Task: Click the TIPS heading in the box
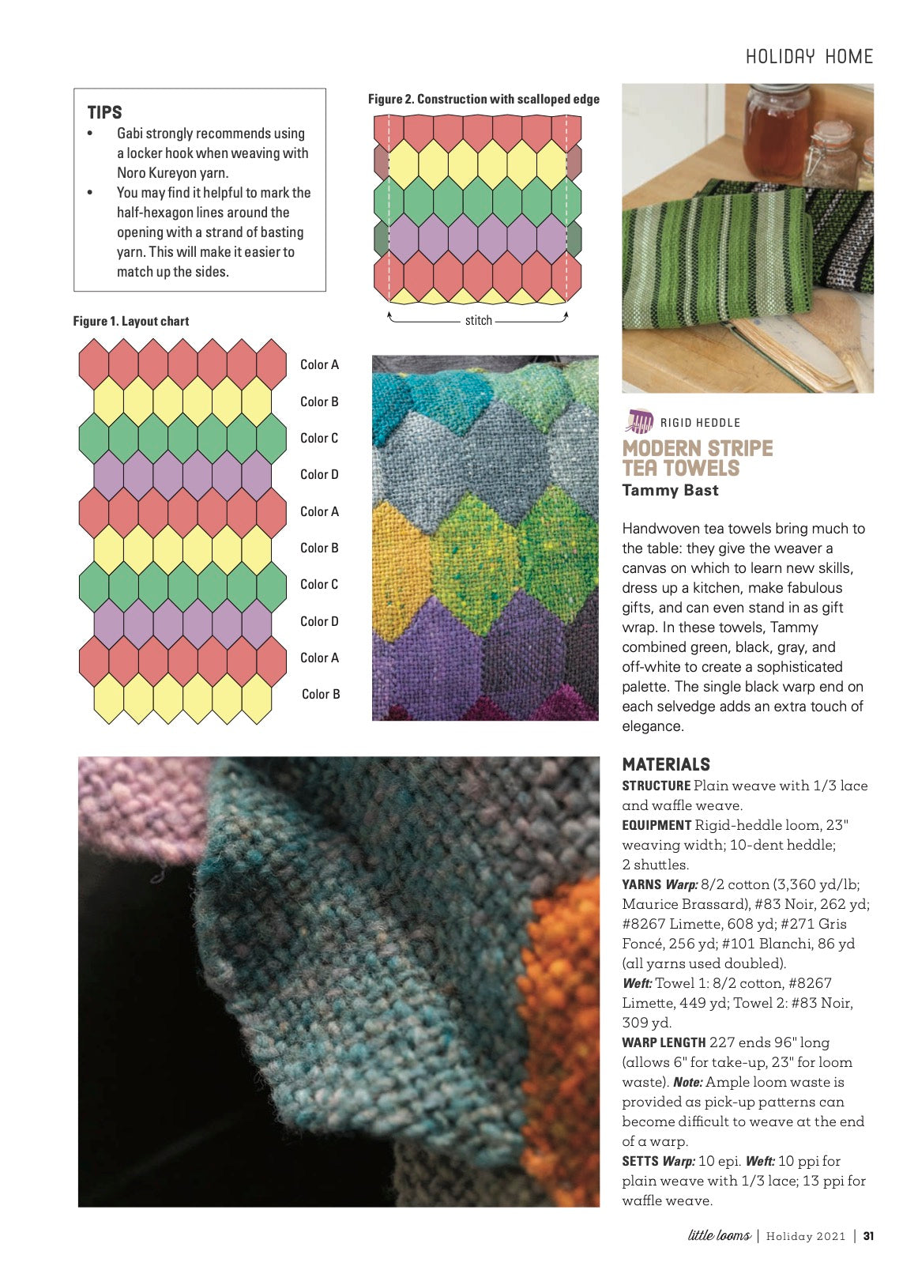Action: click(x=104, y=112)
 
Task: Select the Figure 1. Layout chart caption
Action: click(x=131, y=321)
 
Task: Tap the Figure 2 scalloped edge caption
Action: click(x=483, y=100)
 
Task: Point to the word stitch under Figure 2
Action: click(x=478, y=320)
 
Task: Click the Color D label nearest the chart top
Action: click(x=319, y=474)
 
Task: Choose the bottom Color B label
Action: click(x=321, y=694)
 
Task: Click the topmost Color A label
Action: click(x=319, y=364)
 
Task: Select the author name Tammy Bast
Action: click(x=670, y=490)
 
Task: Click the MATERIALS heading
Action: click(x=666, y=764)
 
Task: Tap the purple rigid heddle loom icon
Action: click(x=639, y=421)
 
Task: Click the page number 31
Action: click(x=868, y=1236)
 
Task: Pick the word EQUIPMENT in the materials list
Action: click(x=657, y=825)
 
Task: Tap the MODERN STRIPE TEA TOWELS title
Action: click(x=697, y=458)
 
